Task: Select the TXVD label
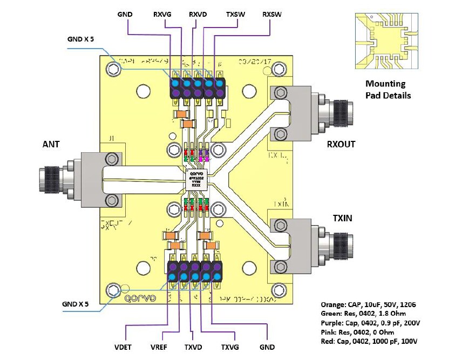[196, 347]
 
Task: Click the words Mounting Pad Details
[388, 90]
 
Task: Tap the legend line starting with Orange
[369, 304]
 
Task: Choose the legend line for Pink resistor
[361, 332]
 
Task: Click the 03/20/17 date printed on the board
[257, 63]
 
